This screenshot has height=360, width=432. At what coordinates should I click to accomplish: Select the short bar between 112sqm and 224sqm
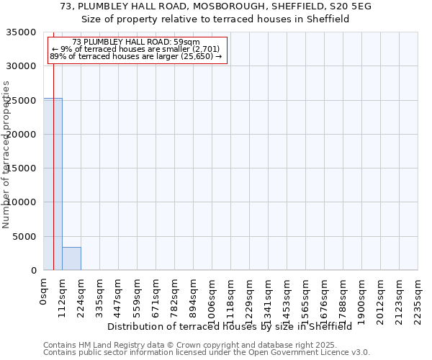pos(71,258)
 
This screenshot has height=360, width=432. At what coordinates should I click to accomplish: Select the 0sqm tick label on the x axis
pos(44,292)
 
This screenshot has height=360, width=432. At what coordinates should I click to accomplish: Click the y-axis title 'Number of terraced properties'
pos(6,154)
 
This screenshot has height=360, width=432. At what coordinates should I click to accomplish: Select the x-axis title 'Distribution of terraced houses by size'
pos(234,326)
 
